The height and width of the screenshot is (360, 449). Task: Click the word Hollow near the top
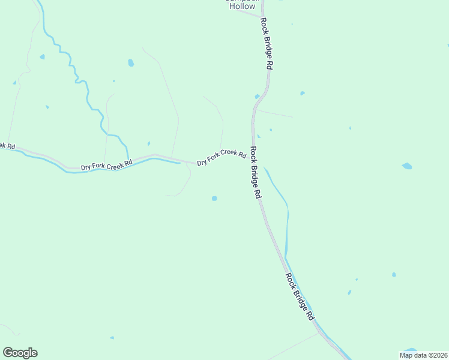click(x=242, y=7)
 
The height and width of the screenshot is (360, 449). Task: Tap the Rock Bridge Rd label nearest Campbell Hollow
click(x=267, y=44)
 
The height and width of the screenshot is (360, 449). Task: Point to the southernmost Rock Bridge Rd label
click(x=300, y=296)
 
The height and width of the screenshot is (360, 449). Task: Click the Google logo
click(x=20, y=353)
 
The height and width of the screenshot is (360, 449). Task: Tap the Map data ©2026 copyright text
click(x=424, y=355)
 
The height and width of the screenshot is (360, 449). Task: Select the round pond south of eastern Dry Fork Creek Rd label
click(x=214, y=198)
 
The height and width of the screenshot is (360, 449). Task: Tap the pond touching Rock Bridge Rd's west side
click(x=258, y=96)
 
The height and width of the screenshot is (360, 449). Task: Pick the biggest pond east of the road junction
click(x=407, y=166)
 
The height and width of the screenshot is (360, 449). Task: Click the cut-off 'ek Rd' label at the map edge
click(x=7, y=146)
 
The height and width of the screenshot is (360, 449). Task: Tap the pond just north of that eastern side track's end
click(x=302, y=93)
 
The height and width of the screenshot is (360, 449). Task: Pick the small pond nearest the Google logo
click(x=112, y=337)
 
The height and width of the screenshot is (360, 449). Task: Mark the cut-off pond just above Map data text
click(x=411, y=349)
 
